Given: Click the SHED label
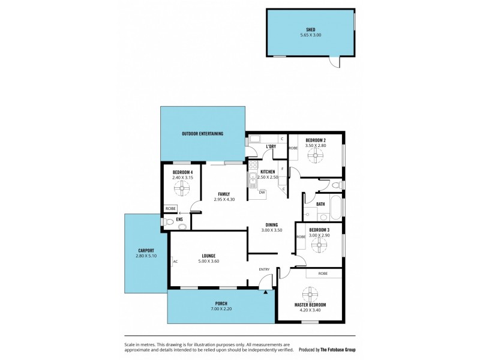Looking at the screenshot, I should pyautogui.click(x=310, y=29).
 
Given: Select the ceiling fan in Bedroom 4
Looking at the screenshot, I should pyautogui.click(x=182, y=188).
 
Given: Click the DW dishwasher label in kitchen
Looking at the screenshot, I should pyautogui.click(x=262, y=192).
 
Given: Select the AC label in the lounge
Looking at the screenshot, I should pyautogui.click(x=175, y=262).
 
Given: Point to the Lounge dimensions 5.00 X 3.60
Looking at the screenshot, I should pyautogui.click(x=208, y=262).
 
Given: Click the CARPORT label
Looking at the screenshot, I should pyautogui.click(x=146, y=250).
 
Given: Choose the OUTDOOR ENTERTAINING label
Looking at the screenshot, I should pyautogui.click(x=203, y=133).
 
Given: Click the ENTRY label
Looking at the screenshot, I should pyautogui.click(x=264, y=269).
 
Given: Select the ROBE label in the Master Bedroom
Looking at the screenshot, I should pyautogui.click(x=323, y=274).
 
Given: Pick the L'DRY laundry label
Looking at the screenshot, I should pyautogui.click(x=271, y=146).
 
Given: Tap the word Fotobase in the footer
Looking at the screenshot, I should pyautogui.click(x=329, y=349).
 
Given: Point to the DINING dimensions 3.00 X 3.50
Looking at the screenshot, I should pyautogui.click(x=271, y=230).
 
